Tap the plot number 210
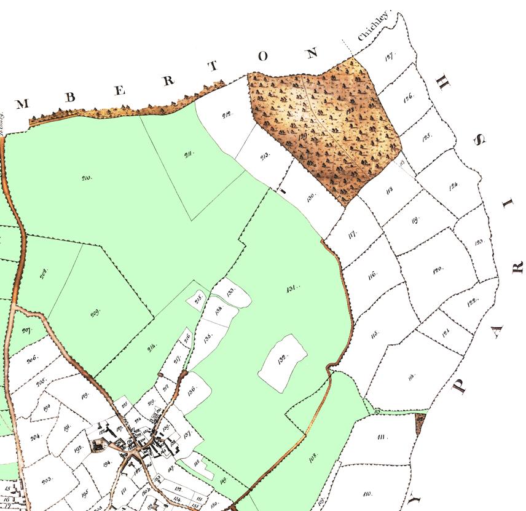pyautogui.click(x=86, y=178)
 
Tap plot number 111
pyautogui.click(x=382, y=437)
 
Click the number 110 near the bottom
pyautogui.click(x=367, y=493)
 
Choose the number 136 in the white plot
pyautogui.click(x=192, y=389)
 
